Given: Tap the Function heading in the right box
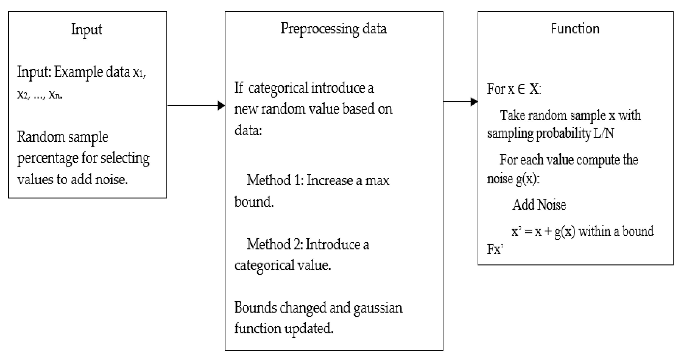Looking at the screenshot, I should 575,29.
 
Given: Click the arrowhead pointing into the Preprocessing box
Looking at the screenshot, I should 221,105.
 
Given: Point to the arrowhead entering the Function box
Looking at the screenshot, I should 474,102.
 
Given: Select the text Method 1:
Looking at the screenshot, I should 275,181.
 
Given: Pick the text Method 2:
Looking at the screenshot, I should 275,244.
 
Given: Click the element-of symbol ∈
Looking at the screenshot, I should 521,89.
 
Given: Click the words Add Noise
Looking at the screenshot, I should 539,205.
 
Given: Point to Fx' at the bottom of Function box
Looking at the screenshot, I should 495,249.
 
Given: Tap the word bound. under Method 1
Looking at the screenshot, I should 254,202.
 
